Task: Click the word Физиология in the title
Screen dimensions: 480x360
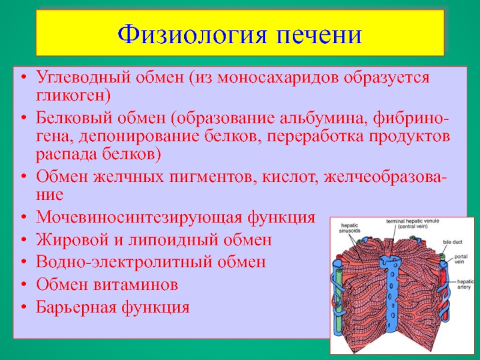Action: point(191,34)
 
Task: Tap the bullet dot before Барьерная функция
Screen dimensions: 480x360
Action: point(24,307)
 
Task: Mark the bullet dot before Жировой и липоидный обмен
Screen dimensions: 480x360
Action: point(24,240)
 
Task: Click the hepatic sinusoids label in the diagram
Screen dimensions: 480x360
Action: point(350,229)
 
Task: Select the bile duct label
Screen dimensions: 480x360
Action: point(452,242)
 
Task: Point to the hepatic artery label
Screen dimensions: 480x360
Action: point(464,284)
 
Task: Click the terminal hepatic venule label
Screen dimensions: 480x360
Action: point(412,221)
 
